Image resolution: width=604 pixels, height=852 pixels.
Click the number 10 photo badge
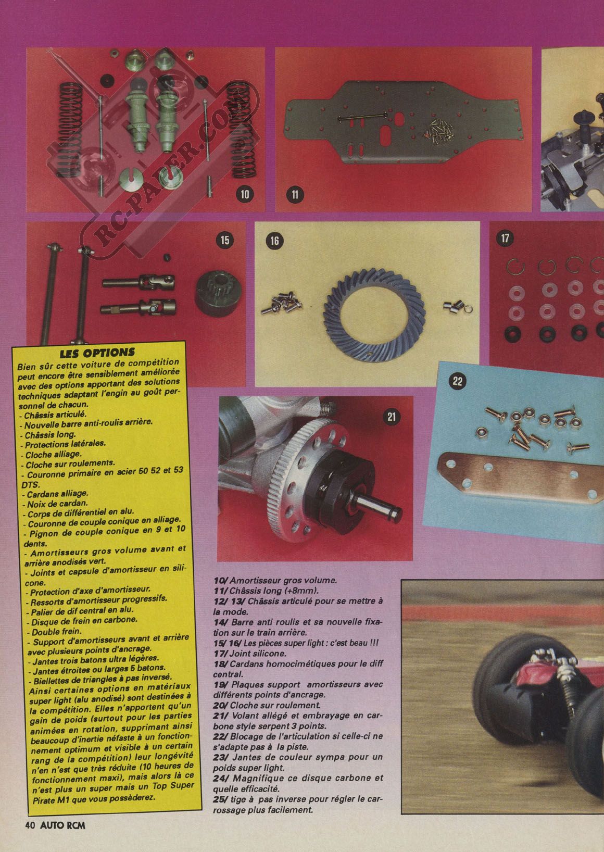[245, 194]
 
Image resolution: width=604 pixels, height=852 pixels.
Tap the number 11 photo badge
[295, 195]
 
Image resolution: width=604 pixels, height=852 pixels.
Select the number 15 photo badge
[224, 241]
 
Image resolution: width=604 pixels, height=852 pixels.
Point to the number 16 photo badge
[274, 241]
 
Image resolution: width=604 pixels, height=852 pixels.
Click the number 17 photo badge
[505, 239]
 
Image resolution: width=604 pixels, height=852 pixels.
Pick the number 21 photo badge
[392, 417]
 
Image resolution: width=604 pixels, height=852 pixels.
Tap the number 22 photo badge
[457, 381]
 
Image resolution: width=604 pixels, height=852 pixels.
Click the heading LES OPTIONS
[97, 353]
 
